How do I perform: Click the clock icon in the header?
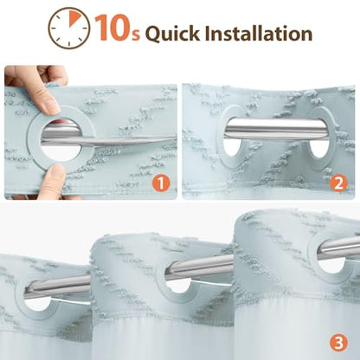pyautogui.click(x=69, y=28)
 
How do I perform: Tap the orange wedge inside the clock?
pyautogui.click(x=74, y=19)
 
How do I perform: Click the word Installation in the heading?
pyautogui.click(x=259, y=33)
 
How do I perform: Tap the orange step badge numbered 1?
pyautogui.click(x=161, y=183)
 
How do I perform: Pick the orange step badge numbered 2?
pyautogui.click(x=338, y=183)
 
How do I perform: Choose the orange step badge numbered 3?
pyautogui.click(x=338, y=343)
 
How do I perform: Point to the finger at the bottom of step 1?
pyautogui.click(x=53, y=183)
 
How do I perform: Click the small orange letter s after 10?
pyautogui.click(x=136, y=35)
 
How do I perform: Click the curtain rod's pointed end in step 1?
pyautogui.click(x=173, y=138)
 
